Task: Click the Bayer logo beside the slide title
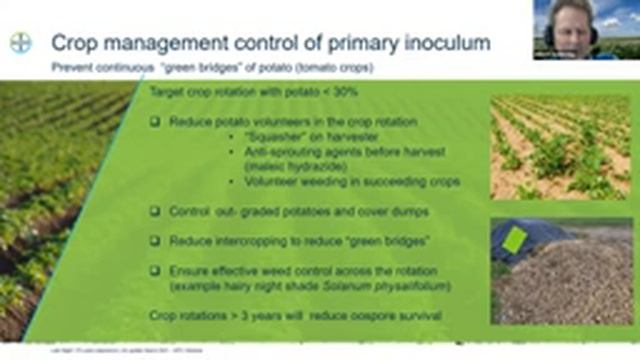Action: point(22,44)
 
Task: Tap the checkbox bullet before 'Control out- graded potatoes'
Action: point(155,212)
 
